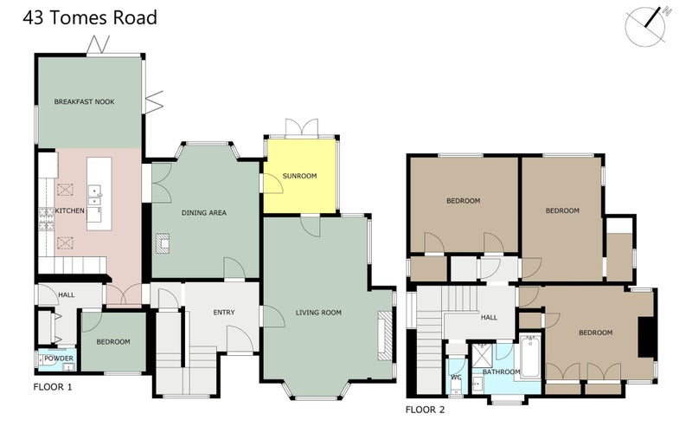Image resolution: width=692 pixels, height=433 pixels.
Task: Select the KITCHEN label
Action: pyautogui.click(x=68, y=210)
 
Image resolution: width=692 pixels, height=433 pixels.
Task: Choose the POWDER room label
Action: pyautogui.click(x=58, y=358)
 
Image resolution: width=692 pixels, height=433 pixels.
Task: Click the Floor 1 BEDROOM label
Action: pyautogui.click(x=112, y=342)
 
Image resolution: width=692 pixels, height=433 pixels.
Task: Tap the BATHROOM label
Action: pyautogui.click(x=503, y=372)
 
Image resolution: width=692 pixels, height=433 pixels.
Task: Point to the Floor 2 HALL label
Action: pyautogui.click(x=489, y=318)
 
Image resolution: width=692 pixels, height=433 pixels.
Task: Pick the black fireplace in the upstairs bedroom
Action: pyautogui.click(x=645, y=336)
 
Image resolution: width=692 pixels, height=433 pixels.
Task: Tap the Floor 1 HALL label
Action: pyautogui.click(x=66, y=295)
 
